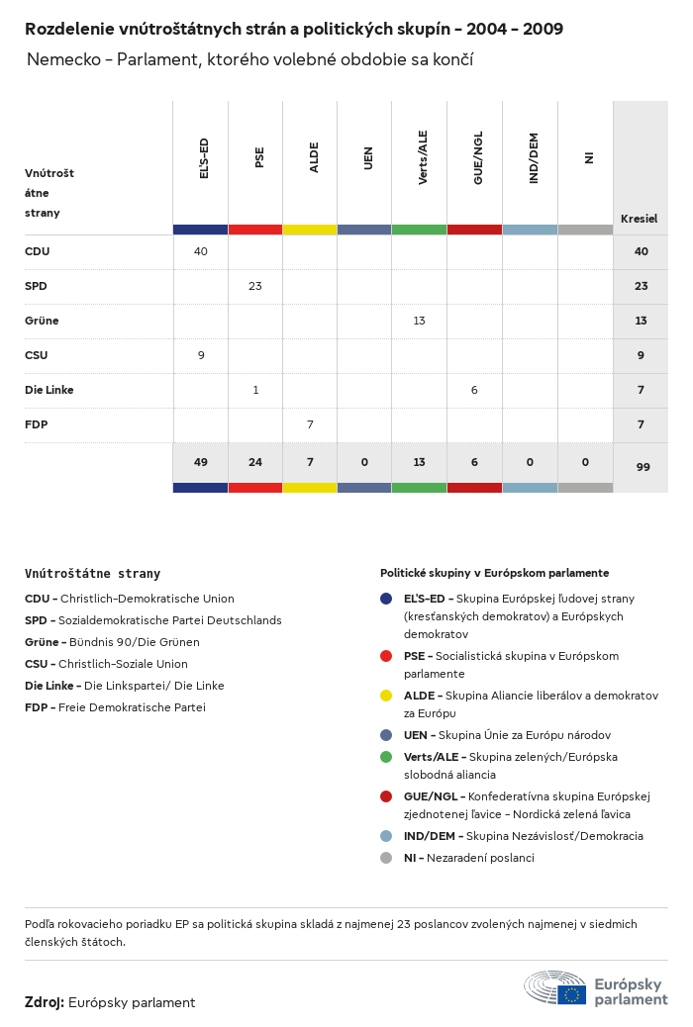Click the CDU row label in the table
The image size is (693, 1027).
[37, 251]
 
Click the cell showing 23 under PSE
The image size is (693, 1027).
[255, 286]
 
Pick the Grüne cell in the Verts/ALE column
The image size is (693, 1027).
[420, 321]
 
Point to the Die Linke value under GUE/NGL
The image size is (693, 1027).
[474, 390]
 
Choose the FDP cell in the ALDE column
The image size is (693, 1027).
[310, 424]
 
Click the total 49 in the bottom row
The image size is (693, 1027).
[201, 462]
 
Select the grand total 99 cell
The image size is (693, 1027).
[643, 467]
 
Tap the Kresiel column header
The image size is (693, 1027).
[639, 219]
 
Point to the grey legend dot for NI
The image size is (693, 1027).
[386, 858]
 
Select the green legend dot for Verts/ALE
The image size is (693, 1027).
[386, 757]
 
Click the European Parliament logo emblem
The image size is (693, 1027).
[555, 988]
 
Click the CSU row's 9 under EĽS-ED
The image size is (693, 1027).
[201, 355]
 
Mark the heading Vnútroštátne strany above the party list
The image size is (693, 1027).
[92, 574]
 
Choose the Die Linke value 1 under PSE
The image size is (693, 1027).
[255, 390]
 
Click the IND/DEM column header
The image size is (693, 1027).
[533, 158]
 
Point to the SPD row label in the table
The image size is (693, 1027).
[36, 286]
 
